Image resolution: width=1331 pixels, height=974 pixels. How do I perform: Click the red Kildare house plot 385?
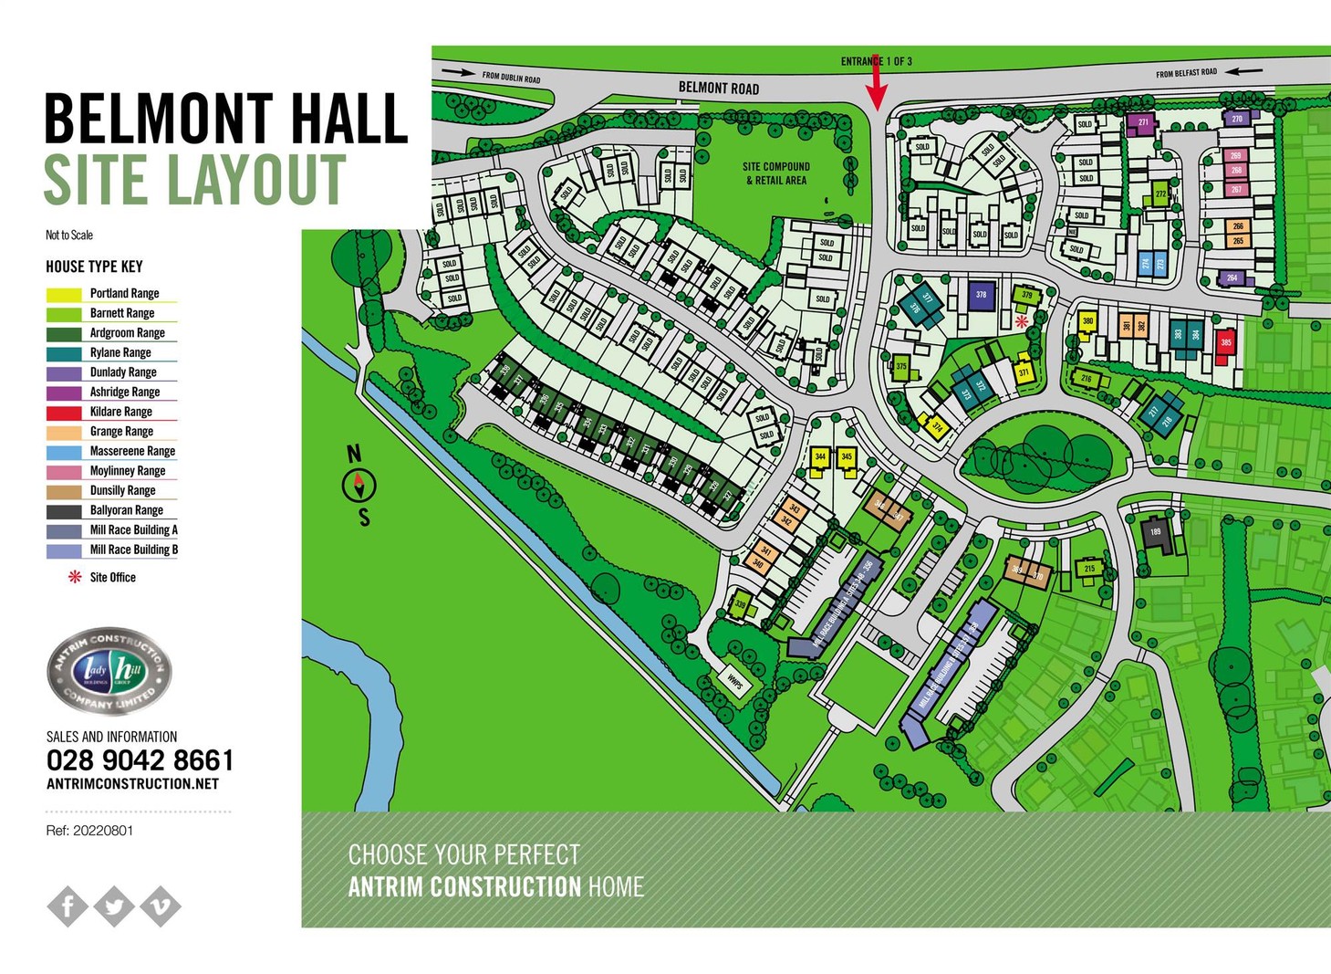pos(1225,344)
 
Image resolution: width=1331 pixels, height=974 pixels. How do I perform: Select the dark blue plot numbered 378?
pos(981,296)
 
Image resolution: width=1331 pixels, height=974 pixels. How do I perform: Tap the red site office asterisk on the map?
pos(1022,321)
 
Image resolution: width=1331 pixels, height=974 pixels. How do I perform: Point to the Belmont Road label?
pos(718,89)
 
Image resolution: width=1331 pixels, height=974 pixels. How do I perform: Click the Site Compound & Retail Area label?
pos(775,173)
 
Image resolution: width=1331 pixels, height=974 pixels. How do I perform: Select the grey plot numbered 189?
pos(1156,533)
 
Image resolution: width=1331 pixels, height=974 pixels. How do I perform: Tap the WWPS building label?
pos(735,682)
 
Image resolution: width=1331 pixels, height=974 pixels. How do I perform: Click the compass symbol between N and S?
pos(359,485)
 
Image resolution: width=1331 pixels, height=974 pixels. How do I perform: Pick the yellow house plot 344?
pos(820,458)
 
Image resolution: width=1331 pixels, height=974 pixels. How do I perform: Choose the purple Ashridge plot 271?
pos(1142,122)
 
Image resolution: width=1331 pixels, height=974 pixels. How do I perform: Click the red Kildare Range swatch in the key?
pos(64,413)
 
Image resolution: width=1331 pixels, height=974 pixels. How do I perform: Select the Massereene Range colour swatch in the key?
pos(64,452)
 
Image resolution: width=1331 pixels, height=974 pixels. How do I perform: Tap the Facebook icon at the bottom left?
pos(68,906)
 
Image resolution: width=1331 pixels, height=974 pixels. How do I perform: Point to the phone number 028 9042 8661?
pos(140,760)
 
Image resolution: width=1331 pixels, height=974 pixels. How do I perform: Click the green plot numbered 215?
pos(1089,569)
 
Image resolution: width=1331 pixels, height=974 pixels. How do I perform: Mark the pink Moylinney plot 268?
pos(1236,171)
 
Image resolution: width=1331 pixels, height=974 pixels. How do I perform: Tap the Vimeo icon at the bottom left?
pos(161,906)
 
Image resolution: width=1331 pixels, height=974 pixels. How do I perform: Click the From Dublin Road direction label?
pos(511,77)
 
